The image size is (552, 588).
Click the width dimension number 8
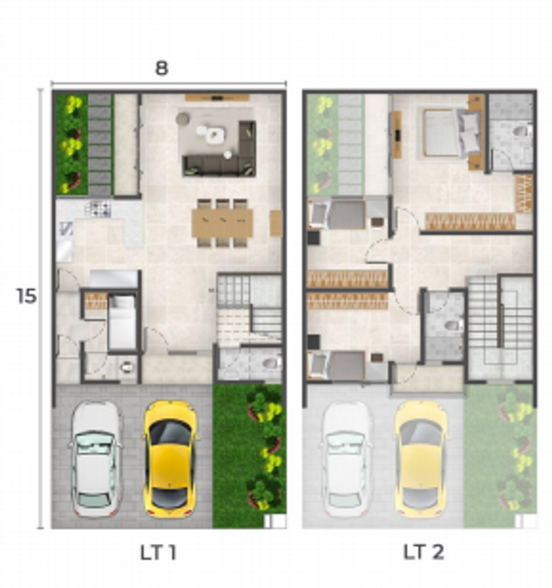(x=162, y=68)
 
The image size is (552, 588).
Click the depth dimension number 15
(x=26, y=296)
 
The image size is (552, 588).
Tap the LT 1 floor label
(x=158, y=552)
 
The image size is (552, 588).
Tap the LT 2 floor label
(x=423, y=552)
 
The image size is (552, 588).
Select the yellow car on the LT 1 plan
(x=170, y=459)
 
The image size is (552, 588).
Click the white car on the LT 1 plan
(x=95, y=459)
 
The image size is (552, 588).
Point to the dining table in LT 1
(x=222, y=223)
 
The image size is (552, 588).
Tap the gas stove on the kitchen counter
(x=98, y=209)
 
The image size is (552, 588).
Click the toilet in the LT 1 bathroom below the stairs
(x=271, y=363)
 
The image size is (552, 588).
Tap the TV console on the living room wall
(x=217, y=98)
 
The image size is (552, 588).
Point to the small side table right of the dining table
(x=275, y=223)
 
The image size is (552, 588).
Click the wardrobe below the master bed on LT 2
(x=470, y=222)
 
